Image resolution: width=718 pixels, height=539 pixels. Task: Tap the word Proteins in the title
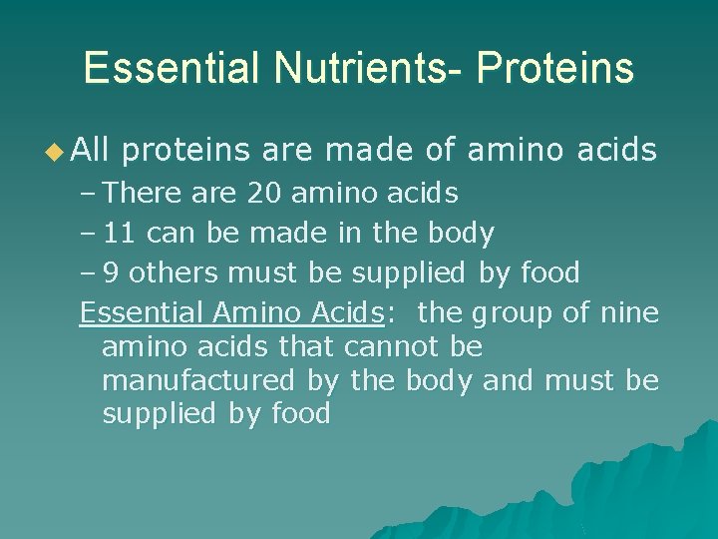pyautogui.click(x=554, y=68)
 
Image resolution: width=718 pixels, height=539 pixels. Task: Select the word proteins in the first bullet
pyautogui.click(x=186, y=151)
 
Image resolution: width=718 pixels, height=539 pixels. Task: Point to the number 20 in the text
pyautogui.click(x=264, y=192)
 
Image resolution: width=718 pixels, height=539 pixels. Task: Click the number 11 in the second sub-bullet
pyautogui.click(x=121, y=233)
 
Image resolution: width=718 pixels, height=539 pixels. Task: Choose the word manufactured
pyautogui.click(x=198, y=381)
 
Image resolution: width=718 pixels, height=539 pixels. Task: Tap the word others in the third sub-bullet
pyautogui.click(x=166, y=272)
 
